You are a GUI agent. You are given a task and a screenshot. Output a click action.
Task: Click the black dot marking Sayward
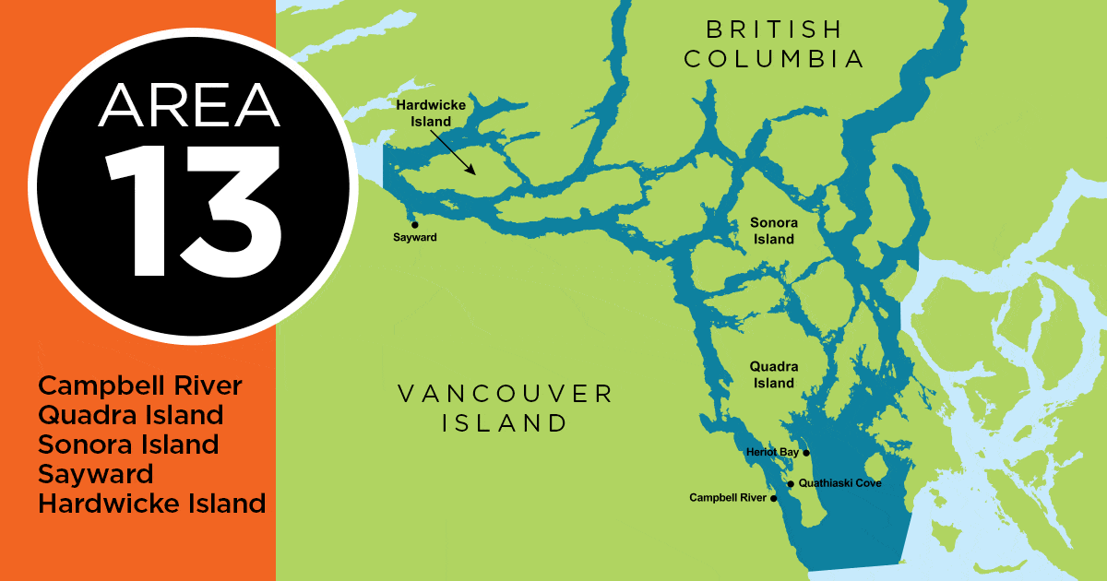pos(414,224)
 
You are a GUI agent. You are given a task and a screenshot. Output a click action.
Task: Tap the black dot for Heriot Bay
pos(806,453)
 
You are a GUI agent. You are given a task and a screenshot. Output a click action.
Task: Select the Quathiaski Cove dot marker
pos(791,483)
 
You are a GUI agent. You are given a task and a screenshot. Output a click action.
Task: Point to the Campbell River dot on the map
pos(774,498)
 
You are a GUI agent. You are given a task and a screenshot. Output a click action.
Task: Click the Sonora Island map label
pos(772,231)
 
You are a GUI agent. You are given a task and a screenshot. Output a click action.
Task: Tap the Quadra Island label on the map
pos(772,374)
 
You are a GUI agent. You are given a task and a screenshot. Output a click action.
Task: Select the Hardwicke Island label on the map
pos(431,113)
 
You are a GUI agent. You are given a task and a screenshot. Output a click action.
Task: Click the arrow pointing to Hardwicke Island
pos(452,151)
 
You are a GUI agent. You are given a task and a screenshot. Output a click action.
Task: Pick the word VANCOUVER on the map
pos(505,394)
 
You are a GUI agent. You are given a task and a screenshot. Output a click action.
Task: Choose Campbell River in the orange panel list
pos(139,385)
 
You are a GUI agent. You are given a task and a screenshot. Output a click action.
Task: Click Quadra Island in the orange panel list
pos(131,414)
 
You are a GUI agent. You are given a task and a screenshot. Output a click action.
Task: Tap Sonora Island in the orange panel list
pos(128,444)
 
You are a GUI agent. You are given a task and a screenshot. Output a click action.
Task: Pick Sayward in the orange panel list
pos(96,474)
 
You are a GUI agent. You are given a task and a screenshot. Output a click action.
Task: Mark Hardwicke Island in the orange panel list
pos(152,504)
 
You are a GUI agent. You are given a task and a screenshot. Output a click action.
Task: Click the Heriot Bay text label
pos(772,453)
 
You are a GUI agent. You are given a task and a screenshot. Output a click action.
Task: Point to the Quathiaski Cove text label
pos(840,483)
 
